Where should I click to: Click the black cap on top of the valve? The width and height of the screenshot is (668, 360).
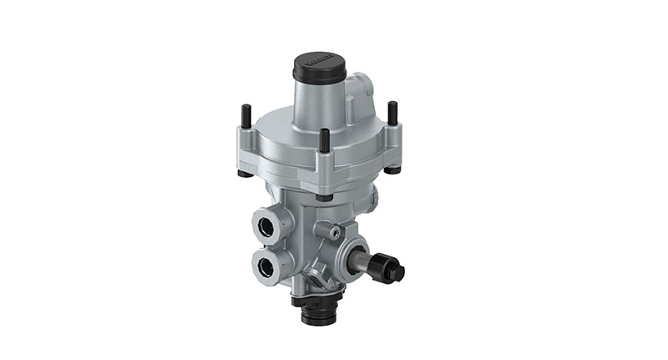(x=318, y=67)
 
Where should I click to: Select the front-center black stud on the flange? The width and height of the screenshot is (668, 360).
(x=324, y=140)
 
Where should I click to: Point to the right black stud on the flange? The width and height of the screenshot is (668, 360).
(x=392, y=112)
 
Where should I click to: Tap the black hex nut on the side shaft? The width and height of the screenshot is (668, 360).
(x=392, y=270)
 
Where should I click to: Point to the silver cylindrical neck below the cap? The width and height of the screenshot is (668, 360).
(x=318, y=99)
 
